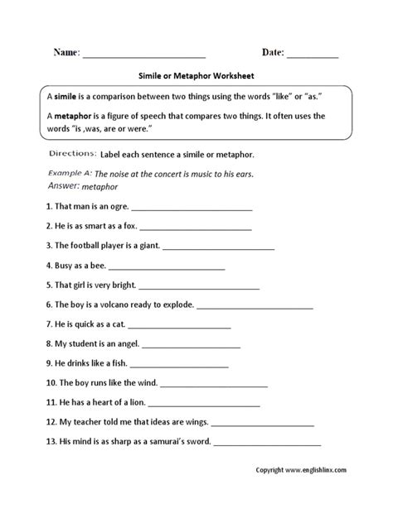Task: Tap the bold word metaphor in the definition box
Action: coord(75,117)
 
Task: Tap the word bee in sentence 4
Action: coord(97,266)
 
